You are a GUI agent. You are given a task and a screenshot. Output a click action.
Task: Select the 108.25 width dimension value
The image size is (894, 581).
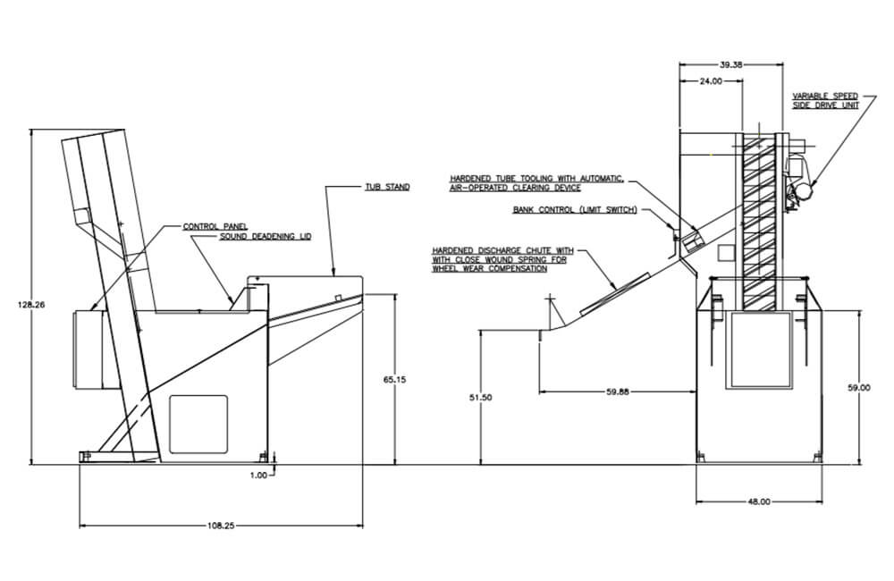(220, 526)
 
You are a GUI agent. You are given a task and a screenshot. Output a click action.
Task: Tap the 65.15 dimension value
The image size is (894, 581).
(394, 379)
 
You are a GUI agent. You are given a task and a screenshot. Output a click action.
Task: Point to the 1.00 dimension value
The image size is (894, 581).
(258, 475)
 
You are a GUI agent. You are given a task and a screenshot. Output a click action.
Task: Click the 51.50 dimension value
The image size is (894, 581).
(481, 398)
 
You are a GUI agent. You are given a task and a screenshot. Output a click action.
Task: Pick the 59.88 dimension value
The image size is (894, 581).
(618, 392)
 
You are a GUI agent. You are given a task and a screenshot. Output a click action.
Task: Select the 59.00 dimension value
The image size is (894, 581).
(859, 388)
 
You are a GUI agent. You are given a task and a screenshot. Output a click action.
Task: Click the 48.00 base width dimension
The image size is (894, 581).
(759, 501)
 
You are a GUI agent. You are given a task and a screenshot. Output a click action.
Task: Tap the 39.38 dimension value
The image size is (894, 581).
(731, 65)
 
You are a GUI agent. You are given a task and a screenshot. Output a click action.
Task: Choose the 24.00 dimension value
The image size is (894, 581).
(711, 81)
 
